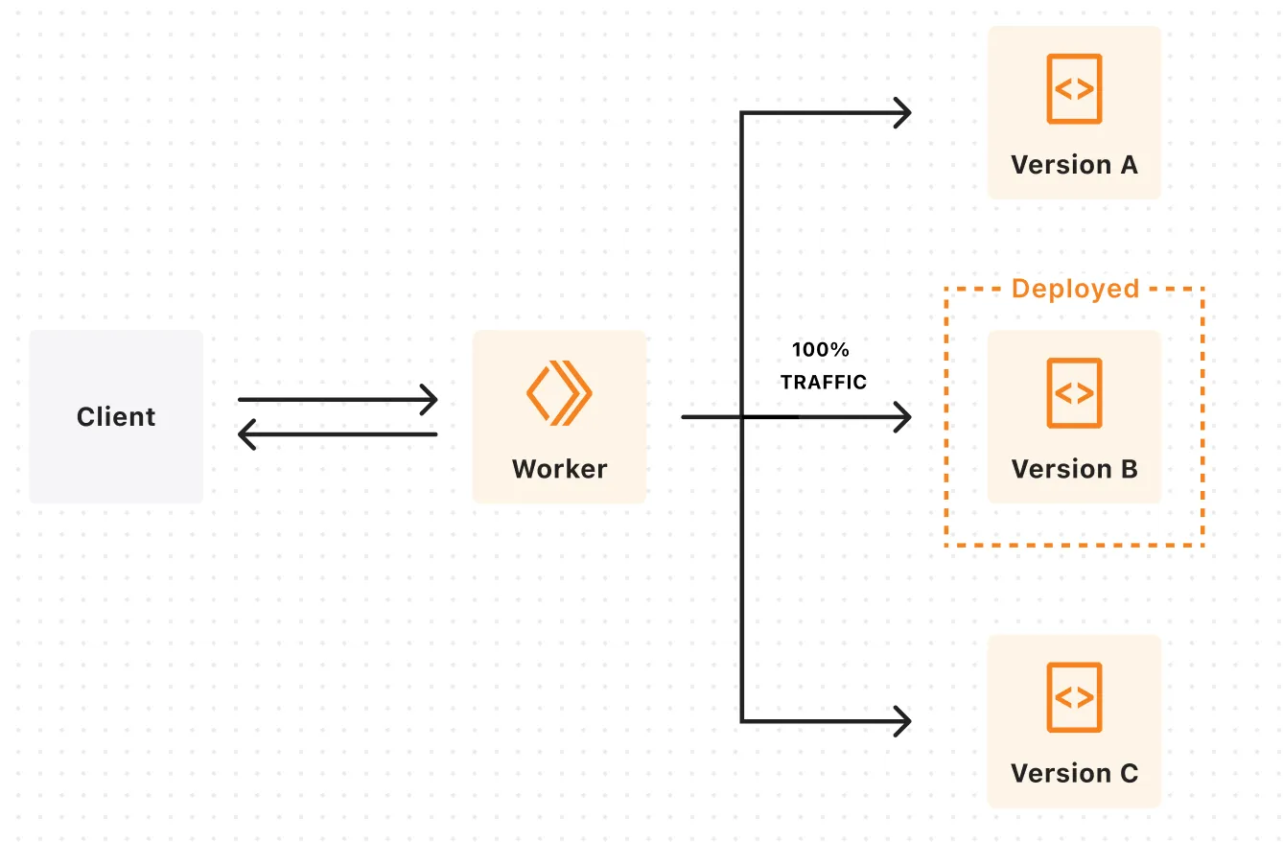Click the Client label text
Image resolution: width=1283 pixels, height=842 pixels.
click(116, 417)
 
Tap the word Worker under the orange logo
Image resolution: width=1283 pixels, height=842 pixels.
click(559, 469)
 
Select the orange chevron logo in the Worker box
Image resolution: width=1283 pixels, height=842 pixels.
click(559, 392)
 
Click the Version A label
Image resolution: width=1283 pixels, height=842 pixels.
click(1074, 165)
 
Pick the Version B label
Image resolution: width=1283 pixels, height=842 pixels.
click(1074, 469)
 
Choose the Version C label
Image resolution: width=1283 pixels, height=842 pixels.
click(1074, 773)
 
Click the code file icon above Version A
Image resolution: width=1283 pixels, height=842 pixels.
click(1074, 88)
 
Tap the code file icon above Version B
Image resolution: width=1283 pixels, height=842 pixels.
click(1074, 392)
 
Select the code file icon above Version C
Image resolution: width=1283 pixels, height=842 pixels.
click(1074, 696)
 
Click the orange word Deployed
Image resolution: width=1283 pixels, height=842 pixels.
click(1075, 289)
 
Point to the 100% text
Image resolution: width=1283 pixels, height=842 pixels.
click(820, 350)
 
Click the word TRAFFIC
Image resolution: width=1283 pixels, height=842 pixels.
click(823, 382)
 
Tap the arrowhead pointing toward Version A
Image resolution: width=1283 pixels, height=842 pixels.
click(903, 113)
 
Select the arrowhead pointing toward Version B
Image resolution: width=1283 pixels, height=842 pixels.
click(903, 417)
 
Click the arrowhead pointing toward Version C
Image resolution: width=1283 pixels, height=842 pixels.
click(903, 721)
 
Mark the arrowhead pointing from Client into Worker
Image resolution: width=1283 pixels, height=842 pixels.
click(431, 400)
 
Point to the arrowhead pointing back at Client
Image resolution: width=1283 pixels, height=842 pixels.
click(245, 434)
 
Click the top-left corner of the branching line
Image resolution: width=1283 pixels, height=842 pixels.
click(741, 113)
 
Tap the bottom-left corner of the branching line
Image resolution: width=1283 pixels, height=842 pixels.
click(741, 721)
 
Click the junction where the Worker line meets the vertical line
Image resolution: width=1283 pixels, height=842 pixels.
click(741, 417)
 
